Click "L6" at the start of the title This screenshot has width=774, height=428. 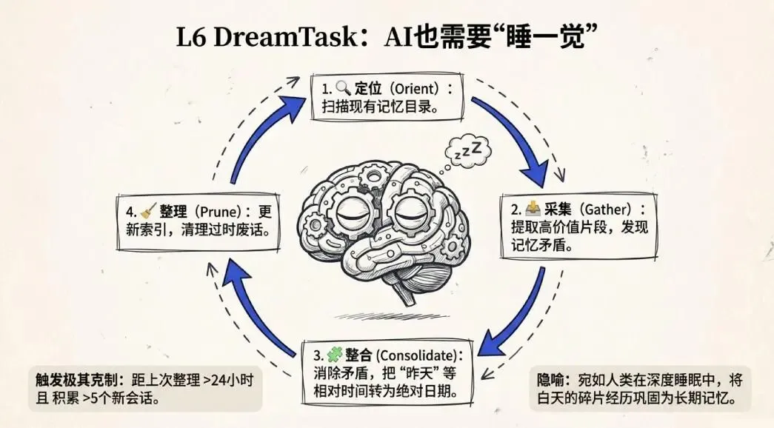coord(191,37)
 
